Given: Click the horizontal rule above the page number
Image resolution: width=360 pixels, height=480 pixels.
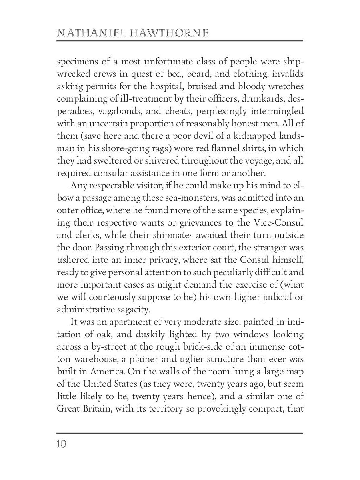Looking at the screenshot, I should pos(180,433).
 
